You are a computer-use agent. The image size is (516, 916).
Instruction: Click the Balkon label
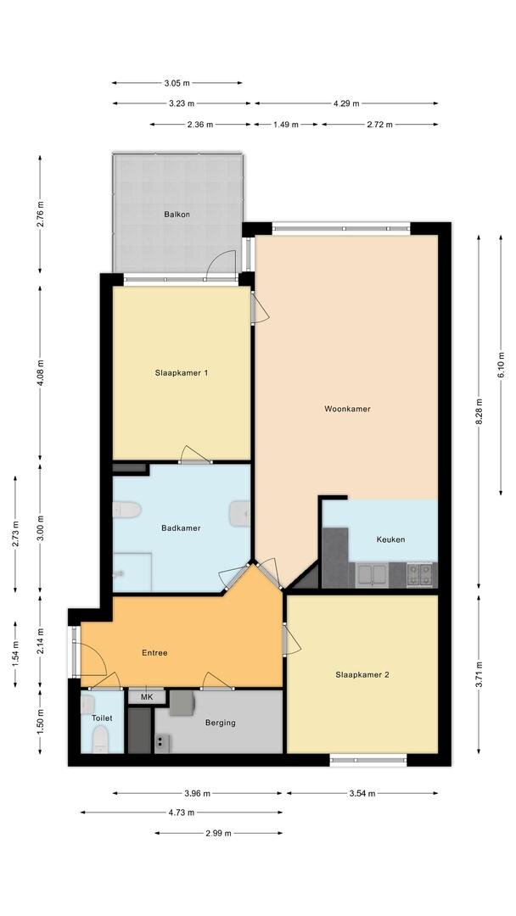tap(177, 215)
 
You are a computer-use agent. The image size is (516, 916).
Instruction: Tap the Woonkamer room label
tap(347, 409)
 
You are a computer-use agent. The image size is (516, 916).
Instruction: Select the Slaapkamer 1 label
tap(181, 372)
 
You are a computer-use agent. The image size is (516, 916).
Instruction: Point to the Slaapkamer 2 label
tap(362, 675)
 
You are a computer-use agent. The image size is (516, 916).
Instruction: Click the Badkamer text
tap(181, 528)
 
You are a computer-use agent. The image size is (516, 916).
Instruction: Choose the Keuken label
tap(390, 539)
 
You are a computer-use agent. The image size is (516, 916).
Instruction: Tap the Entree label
tap(154, 653)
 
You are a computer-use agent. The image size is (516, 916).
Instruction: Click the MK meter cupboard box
tap(147, 697)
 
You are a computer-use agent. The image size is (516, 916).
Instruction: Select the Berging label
tap(221, 723)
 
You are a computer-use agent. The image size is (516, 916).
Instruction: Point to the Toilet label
tap(102, 718)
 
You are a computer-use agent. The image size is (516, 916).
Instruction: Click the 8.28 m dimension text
tap(480, 412)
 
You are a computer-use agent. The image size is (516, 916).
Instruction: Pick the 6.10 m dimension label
tap(501, 365)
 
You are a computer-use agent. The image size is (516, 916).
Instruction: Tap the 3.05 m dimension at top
tap(177, 83)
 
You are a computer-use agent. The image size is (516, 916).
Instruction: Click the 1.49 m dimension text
tap(286, 125)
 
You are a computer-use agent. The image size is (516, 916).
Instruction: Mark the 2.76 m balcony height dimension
tap(40, 215)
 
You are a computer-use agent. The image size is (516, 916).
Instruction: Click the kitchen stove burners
tap(419, 574)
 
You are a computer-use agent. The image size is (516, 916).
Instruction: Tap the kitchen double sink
tap(372, 575)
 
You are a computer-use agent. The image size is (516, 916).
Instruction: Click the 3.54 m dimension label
tap(362, 793)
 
